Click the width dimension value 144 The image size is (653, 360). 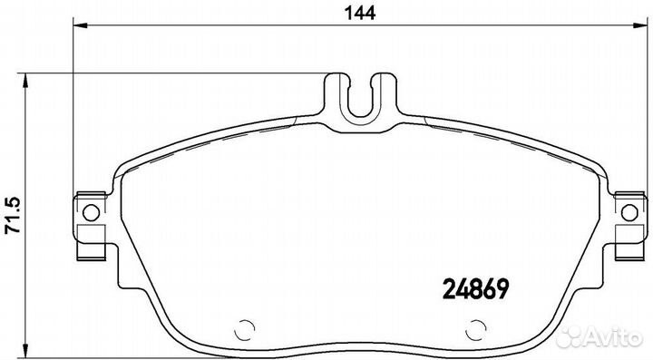click(x=361, y=14)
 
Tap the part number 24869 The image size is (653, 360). click(x=475, y=289)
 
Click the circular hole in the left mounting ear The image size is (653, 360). click(x=92, y=213)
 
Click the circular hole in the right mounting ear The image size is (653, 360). click(x=629, y=213)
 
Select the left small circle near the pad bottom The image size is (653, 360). click(x=245, y=330)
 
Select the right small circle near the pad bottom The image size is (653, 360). click(x=476, y=330)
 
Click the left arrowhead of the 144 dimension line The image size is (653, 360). click(x=80, y=25)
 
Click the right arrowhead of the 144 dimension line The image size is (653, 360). click(x=640, y=25)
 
